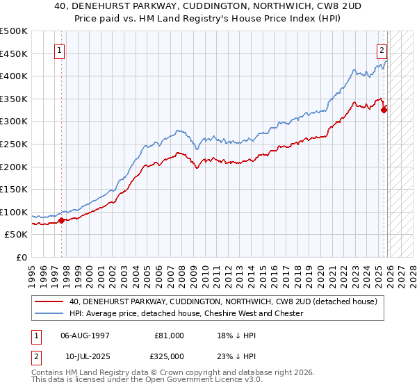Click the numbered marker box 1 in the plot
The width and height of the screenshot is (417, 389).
[x=60, y=50]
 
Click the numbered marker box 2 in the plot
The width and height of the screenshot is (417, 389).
[x=382, y=50]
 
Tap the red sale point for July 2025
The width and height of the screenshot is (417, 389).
[x=384, y=108]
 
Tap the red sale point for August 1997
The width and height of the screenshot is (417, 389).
[x=61, y=220]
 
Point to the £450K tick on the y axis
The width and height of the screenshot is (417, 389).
[x=14, y=53]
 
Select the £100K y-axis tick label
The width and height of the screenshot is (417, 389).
[x=14, y=212]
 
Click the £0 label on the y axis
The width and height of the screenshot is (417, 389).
[x=21, y=257]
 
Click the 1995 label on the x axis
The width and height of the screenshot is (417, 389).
[x=32, y=272]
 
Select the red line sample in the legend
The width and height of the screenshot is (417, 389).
[x=49, y=301]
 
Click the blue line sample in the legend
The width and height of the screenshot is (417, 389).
[x=49, y=313]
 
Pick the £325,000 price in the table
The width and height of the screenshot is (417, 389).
[x=169, y=356]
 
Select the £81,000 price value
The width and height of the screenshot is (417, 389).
[x=169, y=335]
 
